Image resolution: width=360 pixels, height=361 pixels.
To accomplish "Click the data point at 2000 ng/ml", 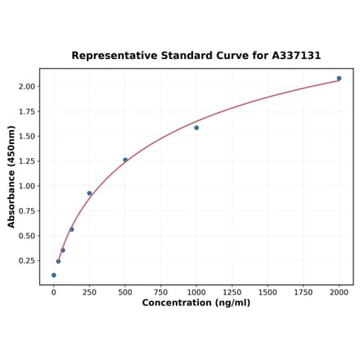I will click(339, 79).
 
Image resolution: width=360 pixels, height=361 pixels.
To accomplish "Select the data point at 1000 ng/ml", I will click(196, 128).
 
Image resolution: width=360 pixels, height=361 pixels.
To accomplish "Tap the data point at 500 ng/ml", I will click(125, 160).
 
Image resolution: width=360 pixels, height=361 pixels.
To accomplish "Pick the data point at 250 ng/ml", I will click(89, 193).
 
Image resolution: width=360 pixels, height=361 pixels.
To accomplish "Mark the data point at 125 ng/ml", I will click(71, 229).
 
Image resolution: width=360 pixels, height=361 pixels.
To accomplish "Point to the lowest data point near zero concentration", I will click(54, 275).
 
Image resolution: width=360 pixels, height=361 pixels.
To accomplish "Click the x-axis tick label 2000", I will click(339, 292).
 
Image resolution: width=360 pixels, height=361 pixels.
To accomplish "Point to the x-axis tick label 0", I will click(54, 292).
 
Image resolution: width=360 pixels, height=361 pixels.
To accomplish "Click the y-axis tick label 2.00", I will click(26, 86).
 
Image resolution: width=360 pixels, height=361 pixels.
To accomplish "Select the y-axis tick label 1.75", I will click(26, 111).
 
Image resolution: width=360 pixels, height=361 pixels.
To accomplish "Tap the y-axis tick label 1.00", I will click(26, 186).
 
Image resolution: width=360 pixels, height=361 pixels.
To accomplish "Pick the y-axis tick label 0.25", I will click(26, 261).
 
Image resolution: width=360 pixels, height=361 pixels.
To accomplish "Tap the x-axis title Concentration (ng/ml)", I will click(196, 303).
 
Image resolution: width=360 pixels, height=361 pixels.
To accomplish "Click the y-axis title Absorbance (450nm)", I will click(11, 176).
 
